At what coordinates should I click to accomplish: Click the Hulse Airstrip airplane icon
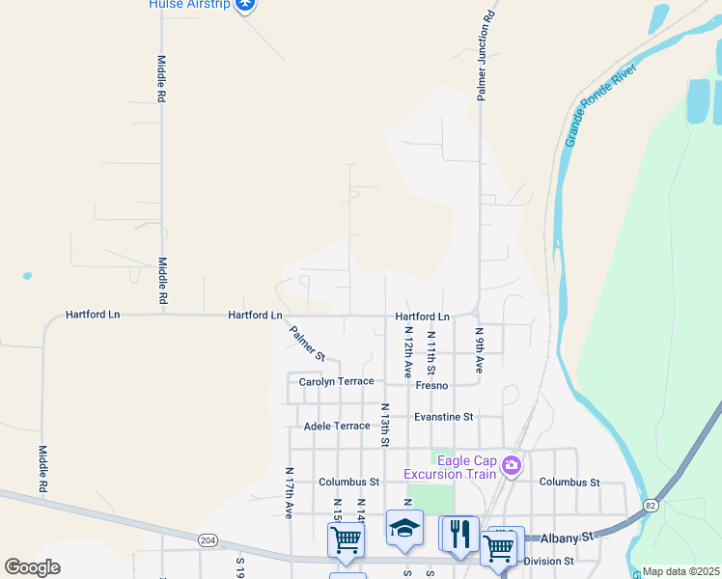[x=246, y=5]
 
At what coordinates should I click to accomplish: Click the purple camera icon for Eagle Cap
[x=512, y=466]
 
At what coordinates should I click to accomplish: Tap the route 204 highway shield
[x=208, y=540]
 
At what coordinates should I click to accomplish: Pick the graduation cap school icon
[x=405, y=528]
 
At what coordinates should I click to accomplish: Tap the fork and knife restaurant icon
[x=459, y=532]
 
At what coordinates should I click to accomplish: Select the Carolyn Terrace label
[x=336, y=382]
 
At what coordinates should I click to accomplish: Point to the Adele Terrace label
[x=337, y=426]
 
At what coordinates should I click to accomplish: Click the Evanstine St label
[x=443, y=417]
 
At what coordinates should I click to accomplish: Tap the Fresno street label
[x=431, y=385]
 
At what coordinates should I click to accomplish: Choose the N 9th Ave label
[x=478, y=350]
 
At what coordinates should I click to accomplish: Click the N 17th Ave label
[x=289, y=493]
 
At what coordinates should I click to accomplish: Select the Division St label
[x=548, y=560]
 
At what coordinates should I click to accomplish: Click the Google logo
[x=32, y=566]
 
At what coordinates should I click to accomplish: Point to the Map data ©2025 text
[x=680, y=571]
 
